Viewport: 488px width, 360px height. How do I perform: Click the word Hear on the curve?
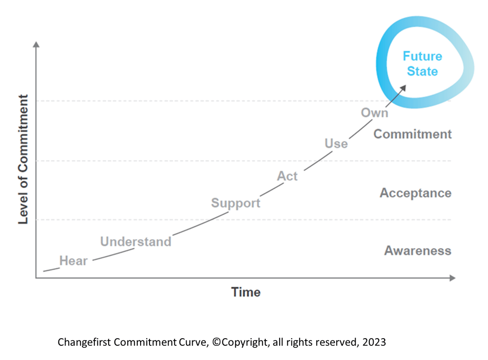point(73,261)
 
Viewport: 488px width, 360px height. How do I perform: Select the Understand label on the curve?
point(135,241)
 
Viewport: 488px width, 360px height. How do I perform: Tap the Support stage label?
point(235,203)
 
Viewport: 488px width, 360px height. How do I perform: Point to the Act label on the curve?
point(287,176)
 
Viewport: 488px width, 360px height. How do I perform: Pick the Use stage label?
point(336,143)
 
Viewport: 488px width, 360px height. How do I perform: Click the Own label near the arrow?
point(374,113)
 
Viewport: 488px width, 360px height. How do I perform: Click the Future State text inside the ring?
point(422,64)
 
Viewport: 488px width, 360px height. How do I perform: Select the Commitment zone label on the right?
point(413,134)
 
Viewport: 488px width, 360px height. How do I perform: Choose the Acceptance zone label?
point(415,193)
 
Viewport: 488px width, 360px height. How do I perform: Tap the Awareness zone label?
point(417,250)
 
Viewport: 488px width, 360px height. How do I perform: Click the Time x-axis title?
point(246,292)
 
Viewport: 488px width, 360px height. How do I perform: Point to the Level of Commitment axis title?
point(23,159)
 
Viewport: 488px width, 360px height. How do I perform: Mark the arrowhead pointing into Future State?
point(404,88)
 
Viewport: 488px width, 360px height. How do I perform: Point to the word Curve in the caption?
point(193,342)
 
